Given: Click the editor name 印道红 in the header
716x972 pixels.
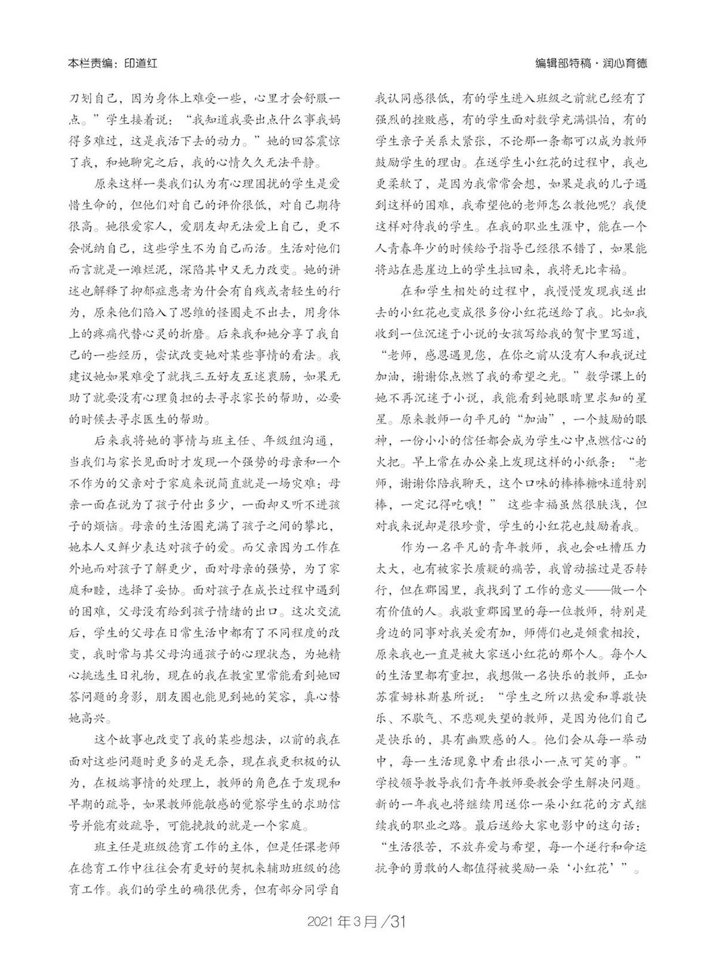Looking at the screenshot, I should (141, 63).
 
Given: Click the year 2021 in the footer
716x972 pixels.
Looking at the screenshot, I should (321, 922).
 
